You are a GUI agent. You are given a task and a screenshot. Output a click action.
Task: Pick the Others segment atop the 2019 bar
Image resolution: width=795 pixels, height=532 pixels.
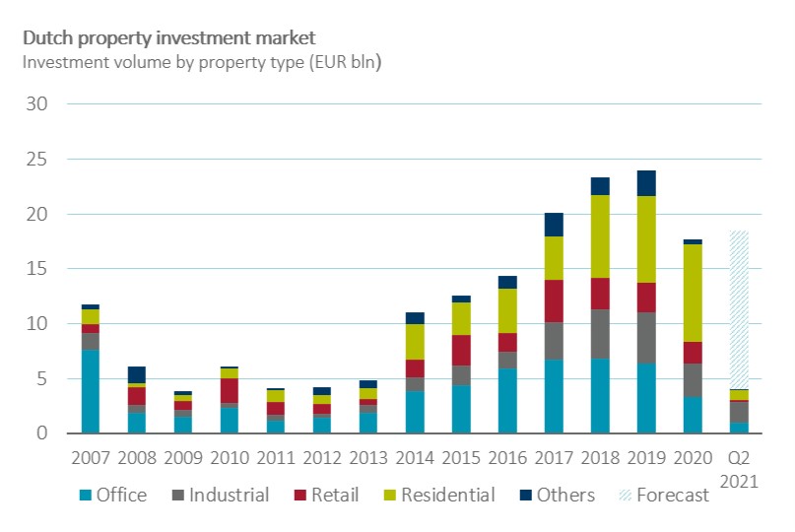(x=646, y=183)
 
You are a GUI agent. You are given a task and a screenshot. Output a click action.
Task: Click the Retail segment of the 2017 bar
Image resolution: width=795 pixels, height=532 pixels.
(x=554, y=301)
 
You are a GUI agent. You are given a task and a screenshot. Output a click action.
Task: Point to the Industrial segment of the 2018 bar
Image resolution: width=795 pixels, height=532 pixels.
(x=600, y=334)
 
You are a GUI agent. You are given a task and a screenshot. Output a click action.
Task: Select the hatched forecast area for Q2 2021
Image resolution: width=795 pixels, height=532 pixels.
(x=739, y=310)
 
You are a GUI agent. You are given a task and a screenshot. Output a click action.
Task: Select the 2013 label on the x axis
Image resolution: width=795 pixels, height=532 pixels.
(x=368, y=459)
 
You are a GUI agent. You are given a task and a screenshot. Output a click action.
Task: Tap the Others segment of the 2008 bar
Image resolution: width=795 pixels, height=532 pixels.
(x=137, y=374)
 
